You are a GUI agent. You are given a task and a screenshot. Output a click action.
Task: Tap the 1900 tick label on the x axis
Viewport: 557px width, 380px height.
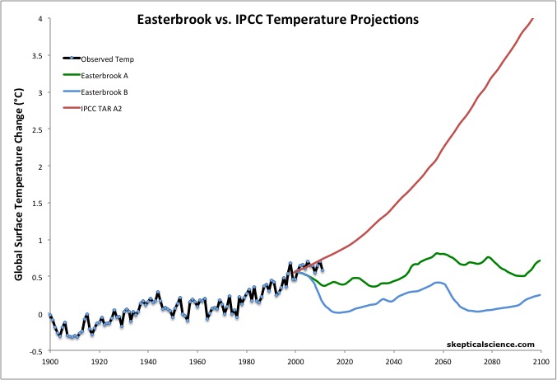49,362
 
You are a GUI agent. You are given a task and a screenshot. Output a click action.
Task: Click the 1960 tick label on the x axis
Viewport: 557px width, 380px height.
197,362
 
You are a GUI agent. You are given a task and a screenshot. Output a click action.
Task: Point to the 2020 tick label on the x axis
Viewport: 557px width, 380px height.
345,362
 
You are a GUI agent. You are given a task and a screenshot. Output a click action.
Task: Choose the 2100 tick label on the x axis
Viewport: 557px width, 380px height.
541,362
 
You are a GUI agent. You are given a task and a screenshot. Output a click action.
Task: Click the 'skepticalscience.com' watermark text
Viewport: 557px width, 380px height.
490,344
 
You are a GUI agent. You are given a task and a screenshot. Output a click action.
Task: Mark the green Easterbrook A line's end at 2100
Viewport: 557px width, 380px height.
541,260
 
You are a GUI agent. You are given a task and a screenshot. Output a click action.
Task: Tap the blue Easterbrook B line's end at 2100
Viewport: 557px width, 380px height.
541,295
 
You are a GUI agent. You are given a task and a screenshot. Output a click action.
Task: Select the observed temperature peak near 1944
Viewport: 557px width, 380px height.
157,292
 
